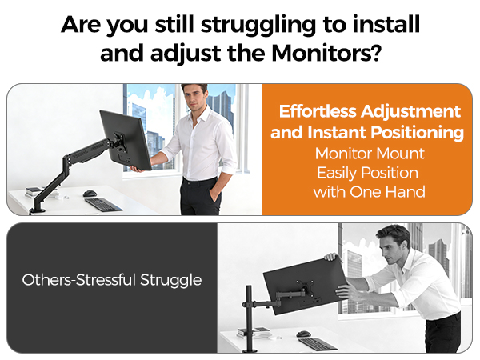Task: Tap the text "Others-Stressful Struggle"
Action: coord(112,280)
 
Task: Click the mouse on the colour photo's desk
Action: coord(90,193)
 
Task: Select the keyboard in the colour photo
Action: coord(103,204)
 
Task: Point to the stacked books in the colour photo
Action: coord(34,191)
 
